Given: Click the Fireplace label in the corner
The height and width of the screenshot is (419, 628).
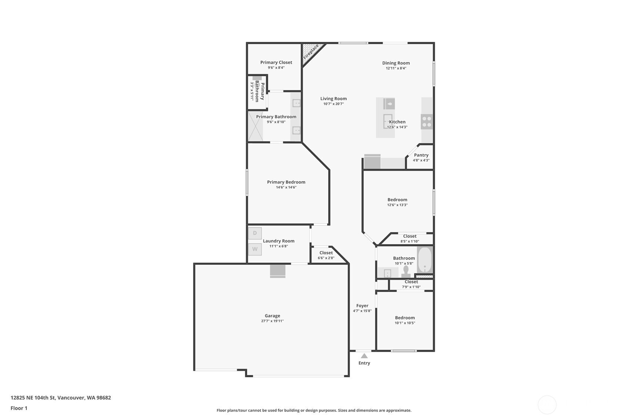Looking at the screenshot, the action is [x=310, y=51].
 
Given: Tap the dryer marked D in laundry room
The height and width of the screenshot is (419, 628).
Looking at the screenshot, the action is [x=255, y=233].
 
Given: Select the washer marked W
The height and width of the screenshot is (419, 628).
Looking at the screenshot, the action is [x=255, y=249].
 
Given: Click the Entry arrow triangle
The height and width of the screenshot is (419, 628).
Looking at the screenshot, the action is [x=364, y=356].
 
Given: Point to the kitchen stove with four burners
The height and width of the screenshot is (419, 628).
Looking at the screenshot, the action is [x=427, y=122].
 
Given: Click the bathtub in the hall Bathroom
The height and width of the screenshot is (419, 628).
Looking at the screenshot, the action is [x=425, y=260].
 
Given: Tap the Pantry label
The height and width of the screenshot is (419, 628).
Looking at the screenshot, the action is [x=421, y=155].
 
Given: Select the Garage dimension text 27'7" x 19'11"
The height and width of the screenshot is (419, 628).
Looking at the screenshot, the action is [x=272, y=321].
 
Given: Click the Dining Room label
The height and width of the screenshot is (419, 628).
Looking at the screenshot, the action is [x=396, y=63].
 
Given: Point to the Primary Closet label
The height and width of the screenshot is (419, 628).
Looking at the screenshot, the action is [x=276, y=62].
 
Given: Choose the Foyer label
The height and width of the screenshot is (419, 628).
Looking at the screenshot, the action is [x=362, y=306].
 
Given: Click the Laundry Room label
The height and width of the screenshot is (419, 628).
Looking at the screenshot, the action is [x=279, y=241].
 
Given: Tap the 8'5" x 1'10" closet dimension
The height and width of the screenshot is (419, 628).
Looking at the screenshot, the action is [x=410, y=241].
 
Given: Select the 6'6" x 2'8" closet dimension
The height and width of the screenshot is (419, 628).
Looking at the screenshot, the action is [x=326, y=258].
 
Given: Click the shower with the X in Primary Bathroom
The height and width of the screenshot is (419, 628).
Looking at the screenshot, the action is [x=255, y=126].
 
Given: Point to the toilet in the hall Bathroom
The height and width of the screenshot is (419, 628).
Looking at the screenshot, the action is [x=406, y=272].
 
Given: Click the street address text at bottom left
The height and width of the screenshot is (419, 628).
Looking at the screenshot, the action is [x=61, y=398].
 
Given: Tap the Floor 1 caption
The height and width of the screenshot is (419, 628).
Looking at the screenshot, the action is [x=19, y=408].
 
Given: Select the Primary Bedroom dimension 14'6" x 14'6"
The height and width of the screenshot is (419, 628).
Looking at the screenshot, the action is [x=286, y=187].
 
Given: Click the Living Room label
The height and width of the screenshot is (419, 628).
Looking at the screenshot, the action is [x=333, y=99].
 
